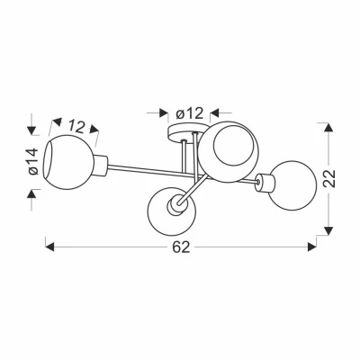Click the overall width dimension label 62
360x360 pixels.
(x=181, y=247)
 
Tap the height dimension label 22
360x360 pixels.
(x=329, y=179)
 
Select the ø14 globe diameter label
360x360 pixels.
(x=33, y=161)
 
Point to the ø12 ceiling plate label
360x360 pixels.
(x=190, y=113)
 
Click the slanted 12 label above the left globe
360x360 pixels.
(x=76, y=126)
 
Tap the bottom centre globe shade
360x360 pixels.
(x=172, y=211)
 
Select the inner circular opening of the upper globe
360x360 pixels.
(x=231, y=145)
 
